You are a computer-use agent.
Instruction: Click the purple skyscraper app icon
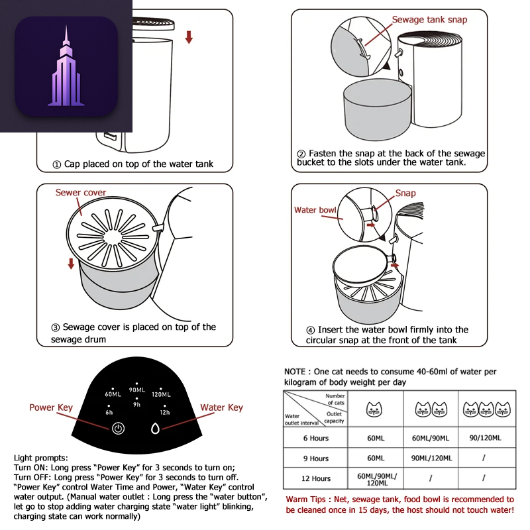click(66, 66)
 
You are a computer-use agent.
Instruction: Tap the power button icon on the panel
click(118, 428)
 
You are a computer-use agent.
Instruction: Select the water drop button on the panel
click(156, 428)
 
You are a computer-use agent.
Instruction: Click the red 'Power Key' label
click(51, 407)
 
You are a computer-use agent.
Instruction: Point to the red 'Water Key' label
click(221, 407)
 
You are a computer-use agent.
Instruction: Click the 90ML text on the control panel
click(136, 390)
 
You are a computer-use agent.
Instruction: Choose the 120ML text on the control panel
click(161, 394)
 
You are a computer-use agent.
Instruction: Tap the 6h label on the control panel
click(110, 411)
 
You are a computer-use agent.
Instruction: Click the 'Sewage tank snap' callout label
click(429, 20)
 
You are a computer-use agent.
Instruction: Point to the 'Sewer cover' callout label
click(80, 193)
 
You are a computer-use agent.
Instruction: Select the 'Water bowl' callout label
click(315, 210)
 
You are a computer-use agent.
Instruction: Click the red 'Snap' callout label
click(405, 193)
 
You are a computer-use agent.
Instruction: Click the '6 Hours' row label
click(315, 438)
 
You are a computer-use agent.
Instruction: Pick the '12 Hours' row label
click(315, 478)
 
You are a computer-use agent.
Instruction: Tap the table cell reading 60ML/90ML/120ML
click(376, 478)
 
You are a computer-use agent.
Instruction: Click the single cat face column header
click(374, 409)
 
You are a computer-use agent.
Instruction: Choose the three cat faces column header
click(484, 409)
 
